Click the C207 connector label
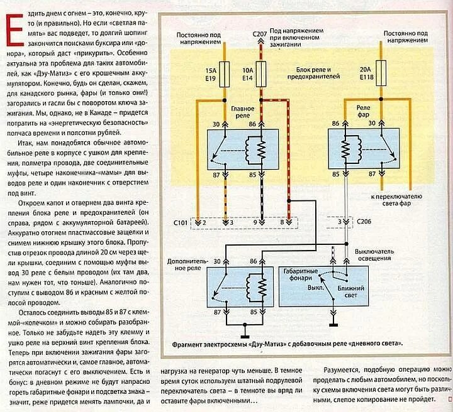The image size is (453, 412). [x=260, y=33]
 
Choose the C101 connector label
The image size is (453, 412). [x=182, y=222]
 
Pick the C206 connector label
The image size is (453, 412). [x=364, y=222]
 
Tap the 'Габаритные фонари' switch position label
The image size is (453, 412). [x=301, y=276]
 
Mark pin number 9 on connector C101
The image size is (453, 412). [x=256, y=222]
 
